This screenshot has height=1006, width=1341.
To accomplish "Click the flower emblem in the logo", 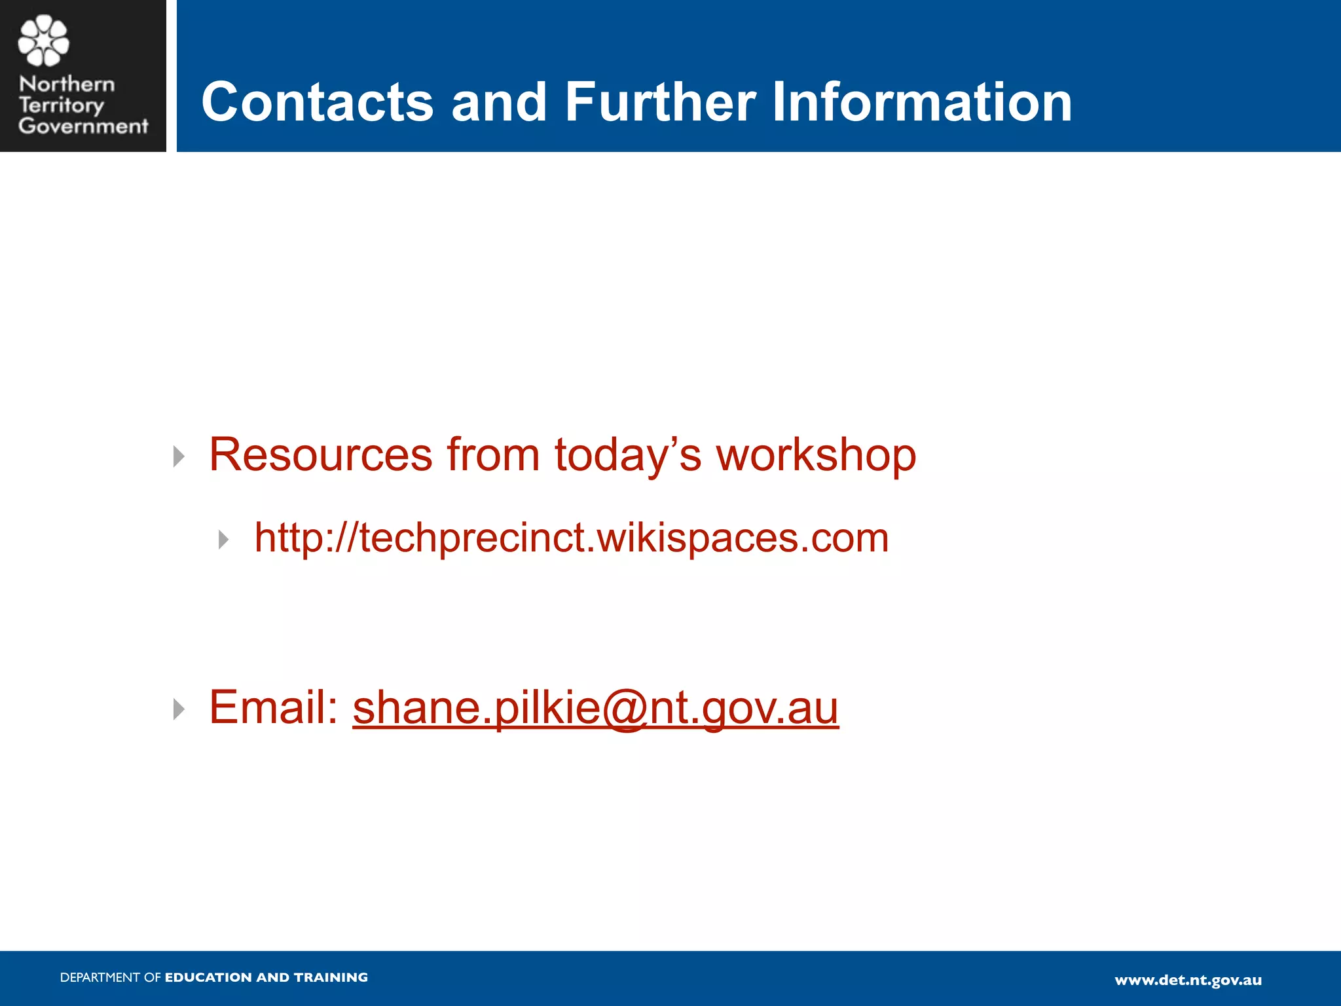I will (x=43, y=41).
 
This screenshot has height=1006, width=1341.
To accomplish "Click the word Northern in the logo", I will (x=67, y=84).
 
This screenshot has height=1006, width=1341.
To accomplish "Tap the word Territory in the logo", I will (x=61, y=105).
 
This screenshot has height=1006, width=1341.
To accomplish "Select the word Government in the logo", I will (x=83, y=126).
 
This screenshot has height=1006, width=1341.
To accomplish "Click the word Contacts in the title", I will (x=318, y=102).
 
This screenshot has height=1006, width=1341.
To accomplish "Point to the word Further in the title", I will (x=660, y=102).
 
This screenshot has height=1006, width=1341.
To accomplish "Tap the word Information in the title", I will (x=922, y=102).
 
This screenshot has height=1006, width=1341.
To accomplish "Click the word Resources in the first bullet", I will (x=321, y=455).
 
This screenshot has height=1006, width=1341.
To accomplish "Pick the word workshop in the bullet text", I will (x=816, y=456).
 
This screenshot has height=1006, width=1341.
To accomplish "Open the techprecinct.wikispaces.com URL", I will (x=572, y=538).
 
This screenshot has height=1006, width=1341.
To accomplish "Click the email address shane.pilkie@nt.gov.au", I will (x=595, y=709).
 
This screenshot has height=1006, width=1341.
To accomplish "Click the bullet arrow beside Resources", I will (x=179, y=456).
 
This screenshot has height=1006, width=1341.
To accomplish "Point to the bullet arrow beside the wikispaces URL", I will (x=224, y=540).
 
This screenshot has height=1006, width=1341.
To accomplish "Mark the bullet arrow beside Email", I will (x=179, y=709).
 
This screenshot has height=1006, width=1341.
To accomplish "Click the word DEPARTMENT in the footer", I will (x=100, y=978).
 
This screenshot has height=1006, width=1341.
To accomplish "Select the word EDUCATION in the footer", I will (x=208, y=978).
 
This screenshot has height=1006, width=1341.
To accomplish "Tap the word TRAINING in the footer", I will (x=331, y=978).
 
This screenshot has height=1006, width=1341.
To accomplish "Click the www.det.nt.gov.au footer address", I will (x=1188, y=980).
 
